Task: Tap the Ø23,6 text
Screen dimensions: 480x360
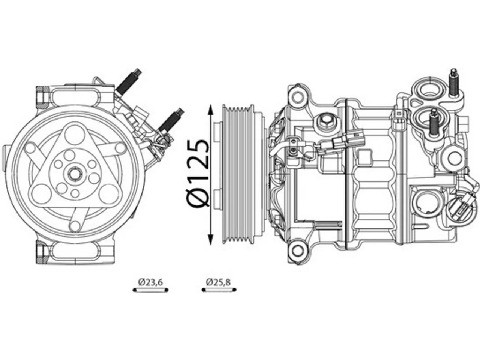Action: pyautogui.click(x=150, y=282)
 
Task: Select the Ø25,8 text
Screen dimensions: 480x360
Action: pyautogui.click(x=218, y=282)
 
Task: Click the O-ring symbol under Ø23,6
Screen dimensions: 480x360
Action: pyautogui.click(x=150, y=290)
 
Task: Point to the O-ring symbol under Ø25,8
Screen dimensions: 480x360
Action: pyautogui.click(x=219, y=290)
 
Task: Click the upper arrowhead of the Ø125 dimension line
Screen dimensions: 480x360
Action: pyautogui.click(x=211, y=109)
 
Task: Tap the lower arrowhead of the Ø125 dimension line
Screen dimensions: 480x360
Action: pyautogui.click(x=211, y=239)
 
